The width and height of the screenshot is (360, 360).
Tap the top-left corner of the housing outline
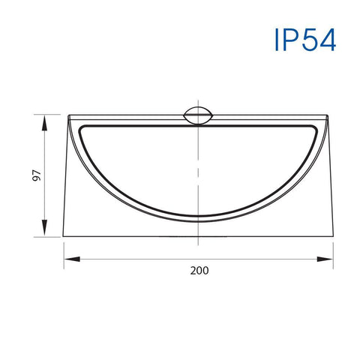[x=68, y=115]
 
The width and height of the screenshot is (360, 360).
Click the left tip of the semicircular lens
[x=76, y=124]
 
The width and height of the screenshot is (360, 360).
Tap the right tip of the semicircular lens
[x=319, y=124]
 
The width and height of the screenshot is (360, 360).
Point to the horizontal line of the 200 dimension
[x=150, y=259]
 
